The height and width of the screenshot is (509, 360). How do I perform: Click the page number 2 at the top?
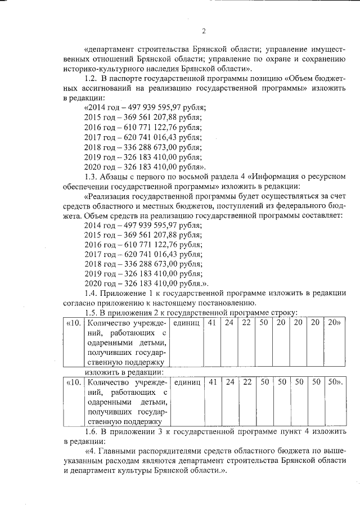[x=204, y=30]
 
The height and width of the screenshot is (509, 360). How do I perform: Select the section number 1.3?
[x=92, y=176]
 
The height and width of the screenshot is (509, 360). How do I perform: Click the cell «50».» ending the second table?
[x=335, y=382]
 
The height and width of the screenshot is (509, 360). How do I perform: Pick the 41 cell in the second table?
[x=212, y=382]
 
